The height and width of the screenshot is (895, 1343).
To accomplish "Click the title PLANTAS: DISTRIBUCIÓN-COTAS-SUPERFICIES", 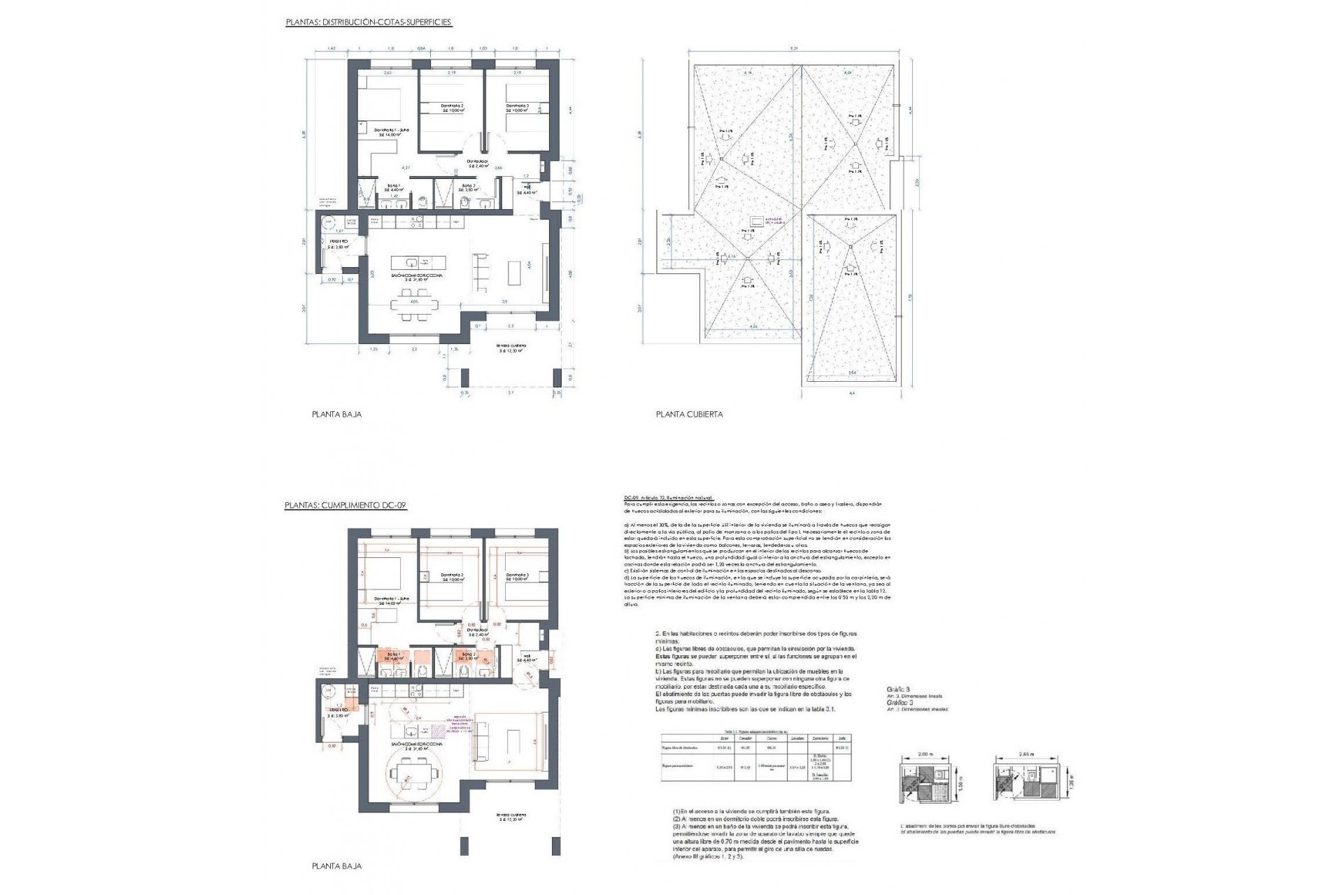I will click(369, 22).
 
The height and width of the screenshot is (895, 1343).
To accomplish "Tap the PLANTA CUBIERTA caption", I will click(689, 414).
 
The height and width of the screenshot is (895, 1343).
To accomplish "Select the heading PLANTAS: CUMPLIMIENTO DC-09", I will click(346, 505).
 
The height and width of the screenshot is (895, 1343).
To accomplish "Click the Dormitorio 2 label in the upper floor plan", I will click(451, 107).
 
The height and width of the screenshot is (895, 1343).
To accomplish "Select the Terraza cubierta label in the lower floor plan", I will click(511, 817).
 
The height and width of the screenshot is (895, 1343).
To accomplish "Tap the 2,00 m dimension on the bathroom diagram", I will click(925, 755).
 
